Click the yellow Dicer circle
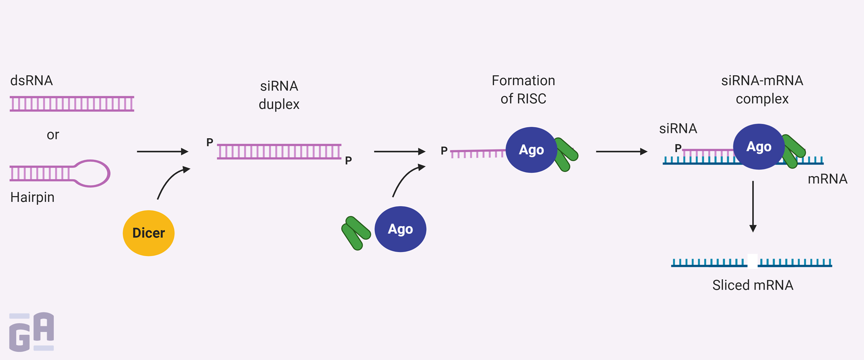148,233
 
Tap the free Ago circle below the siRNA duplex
400,229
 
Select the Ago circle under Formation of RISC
531,150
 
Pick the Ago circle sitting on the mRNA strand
758,146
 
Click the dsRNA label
31,80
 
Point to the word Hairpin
32,197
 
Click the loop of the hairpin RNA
93,173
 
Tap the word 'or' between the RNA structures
53,135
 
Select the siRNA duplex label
279,95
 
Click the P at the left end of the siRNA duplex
210,142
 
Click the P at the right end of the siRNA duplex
348,161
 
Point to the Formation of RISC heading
523,89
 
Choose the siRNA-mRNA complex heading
762,89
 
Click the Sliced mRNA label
752,285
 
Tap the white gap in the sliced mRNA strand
752,261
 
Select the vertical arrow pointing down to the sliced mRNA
753,206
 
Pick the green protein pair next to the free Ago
356,232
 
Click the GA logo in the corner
31,332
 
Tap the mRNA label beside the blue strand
827,179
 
